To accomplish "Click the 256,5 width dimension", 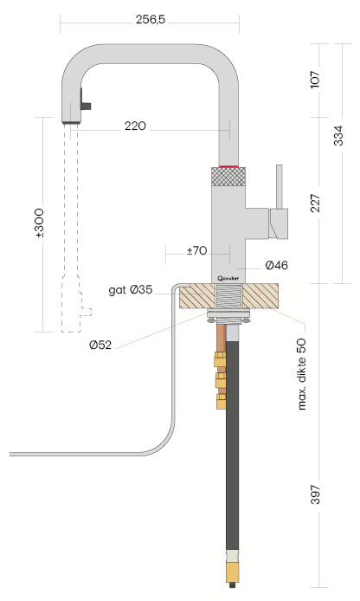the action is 150,20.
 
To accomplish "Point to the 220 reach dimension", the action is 135,126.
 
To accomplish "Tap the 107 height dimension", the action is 315,80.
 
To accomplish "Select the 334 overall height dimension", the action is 338,135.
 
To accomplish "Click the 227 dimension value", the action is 315,204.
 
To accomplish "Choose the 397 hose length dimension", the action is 315,494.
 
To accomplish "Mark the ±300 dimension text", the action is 40,223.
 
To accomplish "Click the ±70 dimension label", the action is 196,251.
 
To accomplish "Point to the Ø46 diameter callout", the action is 277,265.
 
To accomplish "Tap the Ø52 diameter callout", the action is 100,345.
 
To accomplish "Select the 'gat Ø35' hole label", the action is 130,290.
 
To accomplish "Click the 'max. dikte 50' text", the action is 303,374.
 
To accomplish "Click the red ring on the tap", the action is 228,166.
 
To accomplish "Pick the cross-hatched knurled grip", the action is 228,177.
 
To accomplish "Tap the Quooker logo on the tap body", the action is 228,278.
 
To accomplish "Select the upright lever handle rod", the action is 280,186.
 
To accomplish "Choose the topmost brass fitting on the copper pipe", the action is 221,359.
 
